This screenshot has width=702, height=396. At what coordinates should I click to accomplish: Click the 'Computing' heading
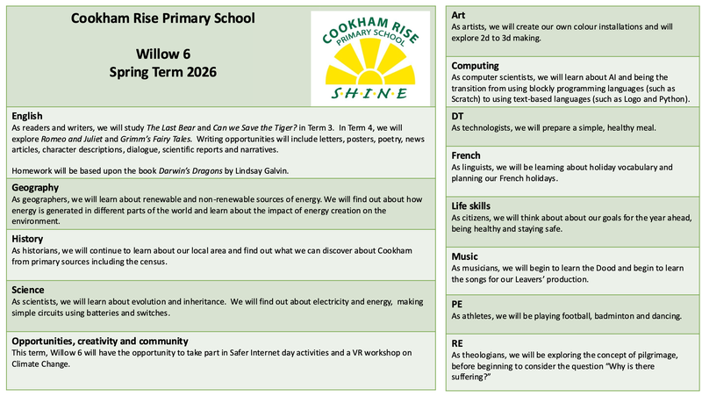[x=476, y=66]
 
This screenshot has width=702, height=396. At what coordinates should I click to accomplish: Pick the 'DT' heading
[x=458, y=116]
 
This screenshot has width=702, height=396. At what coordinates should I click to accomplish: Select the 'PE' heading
[x=457, y=305]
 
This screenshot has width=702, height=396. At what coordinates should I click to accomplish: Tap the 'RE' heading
[x=457, y=343]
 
